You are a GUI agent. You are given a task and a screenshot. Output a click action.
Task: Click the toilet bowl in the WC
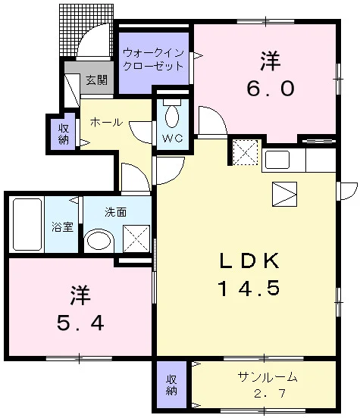click(172, 116)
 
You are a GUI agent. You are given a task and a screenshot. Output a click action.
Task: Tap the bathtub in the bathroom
click(27, 224)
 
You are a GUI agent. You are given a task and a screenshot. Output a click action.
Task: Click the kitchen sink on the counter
click(277, 160)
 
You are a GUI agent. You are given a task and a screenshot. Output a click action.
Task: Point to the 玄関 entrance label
click(96, 80)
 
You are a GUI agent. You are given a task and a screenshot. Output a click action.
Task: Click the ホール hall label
click(106, 123)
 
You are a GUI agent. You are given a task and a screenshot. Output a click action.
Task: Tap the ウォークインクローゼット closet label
click(154, 59)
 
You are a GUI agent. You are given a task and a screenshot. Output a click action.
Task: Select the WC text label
click(173, 138)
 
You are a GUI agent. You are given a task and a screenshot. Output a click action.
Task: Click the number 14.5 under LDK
click(249, 289)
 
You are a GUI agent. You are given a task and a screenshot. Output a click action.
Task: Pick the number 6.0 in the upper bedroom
click(271, 89)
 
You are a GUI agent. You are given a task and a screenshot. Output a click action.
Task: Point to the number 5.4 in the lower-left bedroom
click(80, 323)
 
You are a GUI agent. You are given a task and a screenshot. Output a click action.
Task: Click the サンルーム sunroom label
click(267, 377)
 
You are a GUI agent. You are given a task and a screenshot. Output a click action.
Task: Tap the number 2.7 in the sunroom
click(270, 393)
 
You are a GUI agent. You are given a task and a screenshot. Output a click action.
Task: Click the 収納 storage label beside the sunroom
click(171, 385)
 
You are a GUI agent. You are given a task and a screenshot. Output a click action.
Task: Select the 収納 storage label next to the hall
click(64, 134)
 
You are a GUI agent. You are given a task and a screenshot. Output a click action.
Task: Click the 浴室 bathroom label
click(62, 227)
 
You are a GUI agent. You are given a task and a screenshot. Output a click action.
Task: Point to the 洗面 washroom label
click(115, 212)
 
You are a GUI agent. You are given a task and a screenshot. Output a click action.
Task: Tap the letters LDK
click(249, 260)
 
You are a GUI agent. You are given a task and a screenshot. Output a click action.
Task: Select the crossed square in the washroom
click(136, 239)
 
